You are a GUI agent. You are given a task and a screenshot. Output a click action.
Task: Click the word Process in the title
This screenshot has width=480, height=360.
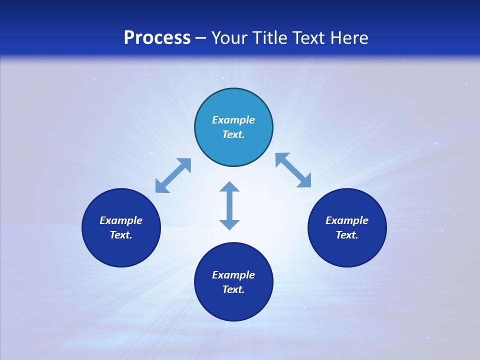click(x=157, y=37)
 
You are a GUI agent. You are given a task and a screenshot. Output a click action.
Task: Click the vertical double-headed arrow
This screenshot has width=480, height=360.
click(x=229, y=205)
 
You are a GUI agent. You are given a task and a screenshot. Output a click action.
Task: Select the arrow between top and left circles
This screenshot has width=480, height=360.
click(x=173, y=175)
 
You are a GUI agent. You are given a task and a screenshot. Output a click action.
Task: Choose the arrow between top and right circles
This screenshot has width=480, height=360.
click(x=293, y=170)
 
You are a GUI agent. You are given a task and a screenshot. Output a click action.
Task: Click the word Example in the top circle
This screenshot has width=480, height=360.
click(x=233, y=120)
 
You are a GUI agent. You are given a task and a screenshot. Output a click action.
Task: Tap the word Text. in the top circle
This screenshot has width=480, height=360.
click(x=233, y=134)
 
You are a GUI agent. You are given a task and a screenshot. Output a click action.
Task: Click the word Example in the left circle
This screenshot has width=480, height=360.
click(x=121, y=220)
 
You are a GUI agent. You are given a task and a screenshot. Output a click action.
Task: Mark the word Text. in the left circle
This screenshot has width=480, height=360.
click(x=121, y=235)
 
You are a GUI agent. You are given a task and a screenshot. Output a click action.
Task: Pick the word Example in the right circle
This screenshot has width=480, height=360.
click(x=347, y=220)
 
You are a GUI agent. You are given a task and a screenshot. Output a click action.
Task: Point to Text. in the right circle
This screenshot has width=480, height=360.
click(x=347, y=235)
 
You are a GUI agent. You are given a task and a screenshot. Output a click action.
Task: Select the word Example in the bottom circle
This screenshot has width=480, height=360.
click(x=233, y=275)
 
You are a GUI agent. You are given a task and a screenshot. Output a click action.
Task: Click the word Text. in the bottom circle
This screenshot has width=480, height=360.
click(x=233, y=289)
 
